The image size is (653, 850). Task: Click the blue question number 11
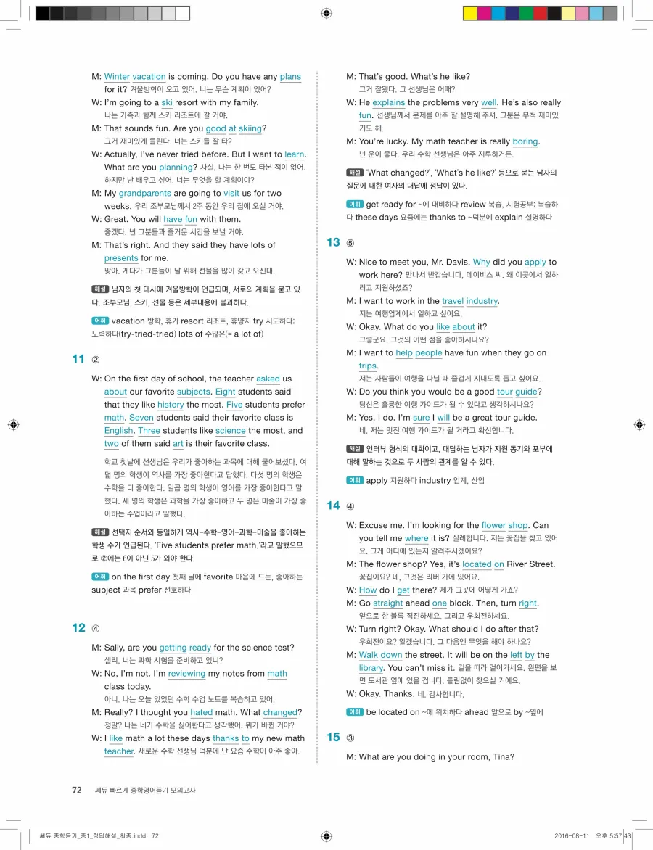tap(79, 359)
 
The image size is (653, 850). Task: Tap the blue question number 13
tap(333, 243)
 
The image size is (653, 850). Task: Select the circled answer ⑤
tap(350, 244)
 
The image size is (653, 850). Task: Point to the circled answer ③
tap(350, 738)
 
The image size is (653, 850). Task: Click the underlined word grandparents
tap(145, 194)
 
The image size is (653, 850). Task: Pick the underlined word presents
tap(121, 258)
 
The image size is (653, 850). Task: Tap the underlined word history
tap(171, 405)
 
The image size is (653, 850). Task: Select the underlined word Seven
tap(141, 418)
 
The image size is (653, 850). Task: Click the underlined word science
tap(231, 431)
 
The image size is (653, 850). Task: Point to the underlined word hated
tap(202, 713)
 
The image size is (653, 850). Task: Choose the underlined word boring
tap(525, 142)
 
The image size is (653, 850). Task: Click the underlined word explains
tap(389, 103)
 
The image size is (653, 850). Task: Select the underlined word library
tap(371, 668)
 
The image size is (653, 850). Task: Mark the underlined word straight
tap(388, 603)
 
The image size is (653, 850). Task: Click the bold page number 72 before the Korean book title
tap(76, 790)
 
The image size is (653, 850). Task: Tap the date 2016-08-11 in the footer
tap(571, 835)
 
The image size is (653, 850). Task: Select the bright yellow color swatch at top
tap(469, 13)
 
